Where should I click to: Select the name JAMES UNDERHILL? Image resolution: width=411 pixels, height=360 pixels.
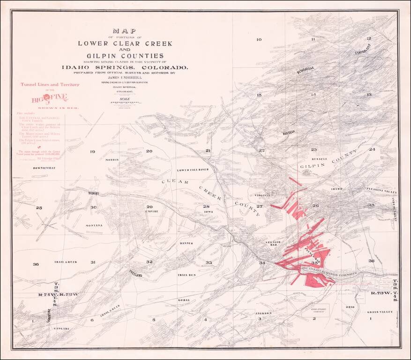(x=125, y=78)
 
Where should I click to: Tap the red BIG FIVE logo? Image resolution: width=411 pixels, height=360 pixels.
(x=49, y=98)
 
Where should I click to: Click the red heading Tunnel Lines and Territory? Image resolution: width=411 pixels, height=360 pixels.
(x=49, y=85)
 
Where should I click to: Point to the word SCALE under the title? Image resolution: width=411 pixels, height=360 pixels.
(x=125, y=98)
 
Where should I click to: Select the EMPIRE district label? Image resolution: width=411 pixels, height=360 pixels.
(x=151, y=212)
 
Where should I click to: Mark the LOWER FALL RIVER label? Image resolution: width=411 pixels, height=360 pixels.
(x=192, y=170)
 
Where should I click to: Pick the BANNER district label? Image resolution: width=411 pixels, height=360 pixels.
(x=187, y=243)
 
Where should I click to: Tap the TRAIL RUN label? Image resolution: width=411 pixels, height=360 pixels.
(x=186, y=275)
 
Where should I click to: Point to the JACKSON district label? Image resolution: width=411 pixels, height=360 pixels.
(x=264, y=313)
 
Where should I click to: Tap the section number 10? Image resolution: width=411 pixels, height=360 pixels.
(x=259, y=39)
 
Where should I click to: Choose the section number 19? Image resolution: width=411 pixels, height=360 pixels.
(x=92, y=151)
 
